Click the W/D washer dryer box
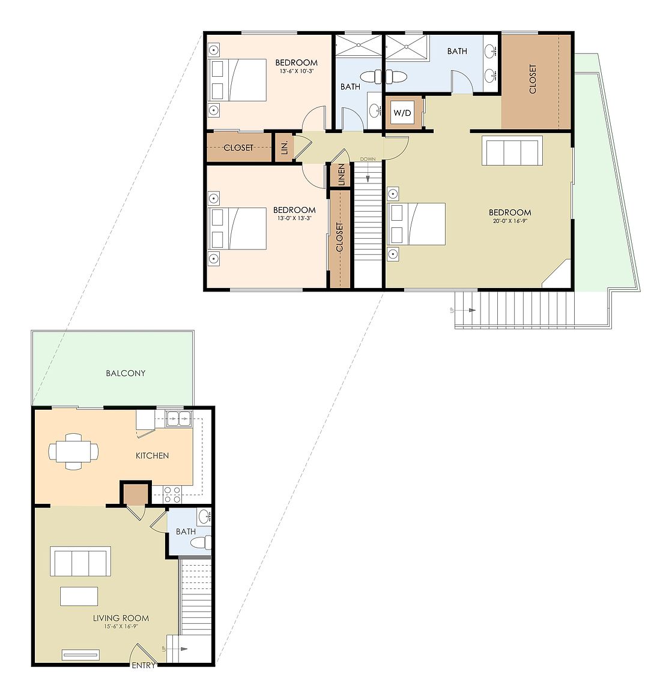(402, 113)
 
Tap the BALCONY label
(126, 373)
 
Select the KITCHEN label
(153, 456)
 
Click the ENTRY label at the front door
(144, 665)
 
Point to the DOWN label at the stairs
(368, 159)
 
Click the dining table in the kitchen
(74, 452)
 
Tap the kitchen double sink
(179, 418)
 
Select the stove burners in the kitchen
(172, 494)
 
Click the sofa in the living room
(80, 561)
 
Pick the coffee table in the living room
(79, 596)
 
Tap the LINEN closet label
(341, 175)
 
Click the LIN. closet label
(285, 147)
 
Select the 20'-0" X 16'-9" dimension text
(510, 221)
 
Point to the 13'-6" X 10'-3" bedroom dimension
(297, 71)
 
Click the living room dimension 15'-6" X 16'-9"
(121, 626)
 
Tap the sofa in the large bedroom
(512, 151)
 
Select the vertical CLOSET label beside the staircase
(339, 237)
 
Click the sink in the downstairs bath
(204, 516)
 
